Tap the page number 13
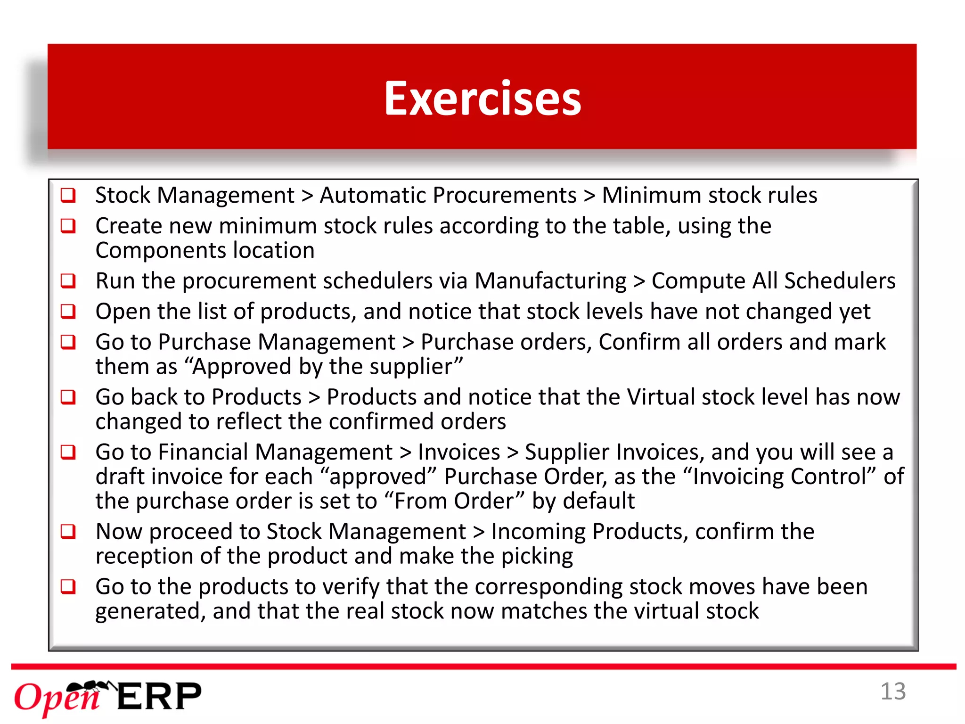(x=893, y=692)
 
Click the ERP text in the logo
(x=159, y=697)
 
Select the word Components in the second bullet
(x=160, y=250)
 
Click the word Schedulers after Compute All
(x=839, y=281)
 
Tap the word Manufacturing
(x=550, y=281)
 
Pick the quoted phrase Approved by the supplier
(x=327, y=367)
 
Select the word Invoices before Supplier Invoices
(x=458, y=452)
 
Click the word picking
(x=537, y=557)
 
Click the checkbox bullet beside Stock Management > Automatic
(x=68, y=195)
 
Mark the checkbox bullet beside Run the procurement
(x=68, y=281)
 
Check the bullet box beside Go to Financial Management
(x=68, y=452)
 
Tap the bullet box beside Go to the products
(x=68, y=587)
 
